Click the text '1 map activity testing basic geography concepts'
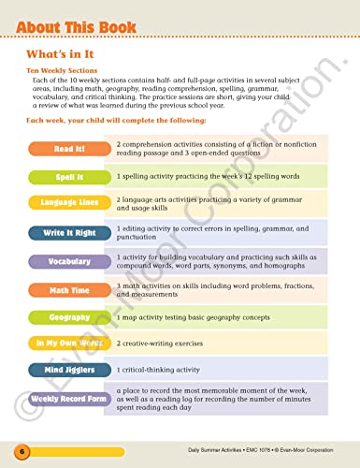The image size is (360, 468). point(206,318)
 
